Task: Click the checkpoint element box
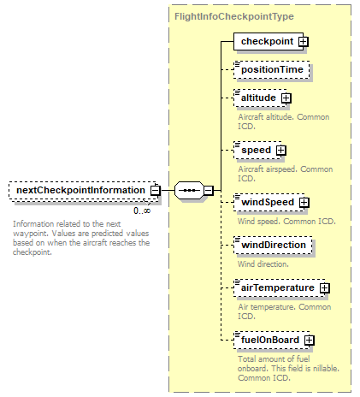269,41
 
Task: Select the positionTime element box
272,69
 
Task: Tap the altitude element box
260,98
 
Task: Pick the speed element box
257,150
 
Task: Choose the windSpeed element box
269,202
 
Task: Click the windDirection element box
273,245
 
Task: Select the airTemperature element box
280,287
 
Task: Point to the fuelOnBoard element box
272,340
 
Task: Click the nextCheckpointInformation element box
84,191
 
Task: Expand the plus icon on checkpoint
304,42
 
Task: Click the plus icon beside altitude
286,98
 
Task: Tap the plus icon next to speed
281,151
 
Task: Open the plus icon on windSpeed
304,203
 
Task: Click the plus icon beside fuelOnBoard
310,341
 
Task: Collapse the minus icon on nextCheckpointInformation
156,191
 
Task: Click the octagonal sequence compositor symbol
189,190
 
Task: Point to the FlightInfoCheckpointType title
234,16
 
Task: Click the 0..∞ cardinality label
142,210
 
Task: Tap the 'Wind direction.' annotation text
263,264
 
